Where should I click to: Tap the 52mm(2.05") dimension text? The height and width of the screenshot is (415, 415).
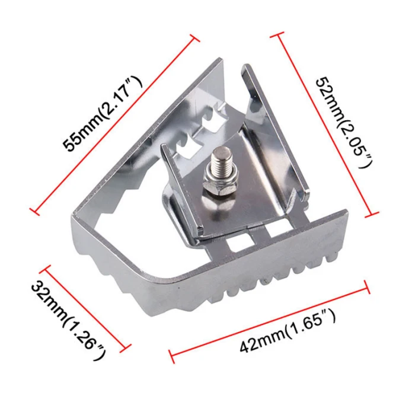[x=344, y=122]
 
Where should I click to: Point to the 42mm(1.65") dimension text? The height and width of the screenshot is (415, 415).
[x=288, y=331]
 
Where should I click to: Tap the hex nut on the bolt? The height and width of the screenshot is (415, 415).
[x=219, y=190]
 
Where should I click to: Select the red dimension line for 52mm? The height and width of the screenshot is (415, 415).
[x=324, y=124]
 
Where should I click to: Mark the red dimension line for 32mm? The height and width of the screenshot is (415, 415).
[x=85, y=308]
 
